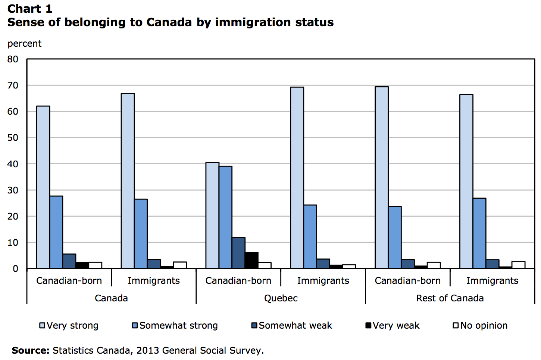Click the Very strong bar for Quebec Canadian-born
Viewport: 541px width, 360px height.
pos(212,215)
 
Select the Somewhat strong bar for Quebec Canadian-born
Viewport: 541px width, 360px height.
pos(225,217)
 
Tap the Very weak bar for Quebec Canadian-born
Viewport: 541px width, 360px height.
pos(251,260)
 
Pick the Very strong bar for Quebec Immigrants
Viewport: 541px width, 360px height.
pos(297,178)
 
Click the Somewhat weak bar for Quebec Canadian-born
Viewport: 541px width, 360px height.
pos(238,253)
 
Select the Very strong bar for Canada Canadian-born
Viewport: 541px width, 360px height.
pos(43,187)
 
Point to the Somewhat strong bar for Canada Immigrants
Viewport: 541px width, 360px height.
pos(141,234)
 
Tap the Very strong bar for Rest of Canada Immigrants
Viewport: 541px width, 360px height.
pos(466,181)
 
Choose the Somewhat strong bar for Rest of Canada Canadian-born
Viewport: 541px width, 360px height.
pos(395,238)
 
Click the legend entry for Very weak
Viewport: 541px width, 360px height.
pos(393,326)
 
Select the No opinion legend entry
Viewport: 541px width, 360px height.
pos(480,326)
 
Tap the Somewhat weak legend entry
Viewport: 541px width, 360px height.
pos(292,326)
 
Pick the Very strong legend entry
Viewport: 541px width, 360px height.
pos(69,326)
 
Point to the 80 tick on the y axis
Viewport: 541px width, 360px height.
pos(13,59)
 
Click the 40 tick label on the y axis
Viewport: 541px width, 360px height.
pos(13,164)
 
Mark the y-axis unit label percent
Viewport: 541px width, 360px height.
pos(25,44)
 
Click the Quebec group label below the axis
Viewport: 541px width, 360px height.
pos(281,298)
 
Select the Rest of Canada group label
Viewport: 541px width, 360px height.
pos(450,298)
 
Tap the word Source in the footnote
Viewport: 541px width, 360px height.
pos(30,351)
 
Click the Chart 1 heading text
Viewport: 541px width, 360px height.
pos(30,9)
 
